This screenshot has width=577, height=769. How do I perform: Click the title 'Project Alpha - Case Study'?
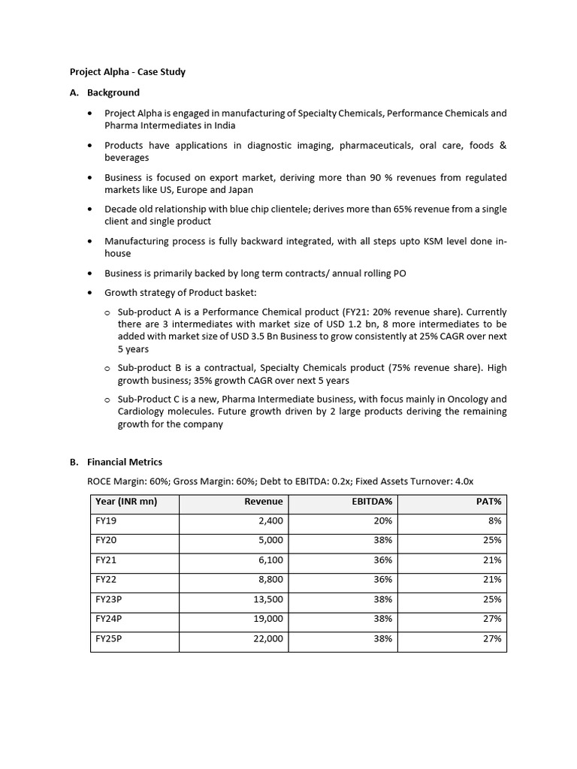(x=127, y=72)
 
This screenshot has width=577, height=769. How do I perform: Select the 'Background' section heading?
(x=113, y=92)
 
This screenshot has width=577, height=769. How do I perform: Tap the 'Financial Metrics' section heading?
(x=124, y=462)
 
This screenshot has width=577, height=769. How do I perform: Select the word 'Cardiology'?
(x=144, y=412)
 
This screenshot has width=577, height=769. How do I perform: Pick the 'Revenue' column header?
(x=264, y=502)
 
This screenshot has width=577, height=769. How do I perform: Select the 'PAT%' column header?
(x=489, y=502)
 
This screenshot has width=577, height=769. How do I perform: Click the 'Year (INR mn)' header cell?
(x=126, y=502)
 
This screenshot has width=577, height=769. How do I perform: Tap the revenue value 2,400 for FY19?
(x=270, y=521)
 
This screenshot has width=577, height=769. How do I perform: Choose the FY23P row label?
(x=110, y=599)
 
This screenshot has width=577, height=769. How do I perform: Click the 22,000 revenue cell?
(x=268, y=638)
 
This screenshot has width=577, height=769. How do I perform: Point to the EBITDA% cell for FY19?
(x=382, y=521)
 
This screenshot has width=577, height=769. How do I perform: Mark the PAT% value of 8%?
(x=494, y=521)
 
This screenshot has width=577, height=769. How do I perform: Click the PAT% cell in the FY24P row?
(x=492, y=619)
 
